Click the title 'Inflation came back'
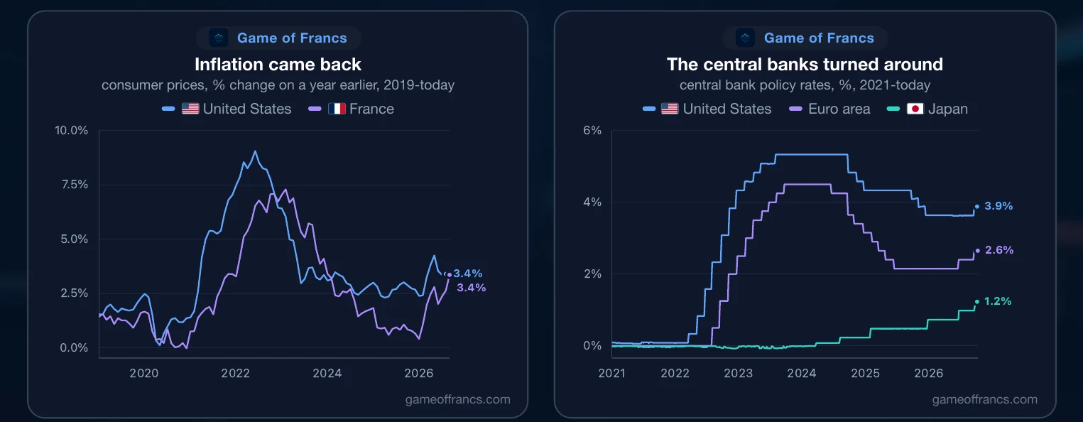click(x=278, y=65)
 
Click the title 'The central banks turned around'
click(x=805, y=65)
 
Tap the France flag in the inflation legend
click(x=337, y=109)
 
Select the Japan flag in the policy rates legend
click(x=915, y=109)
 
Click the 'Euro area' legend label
click(x=839, y=109)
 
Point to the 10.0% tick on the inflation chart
click(x=71, y=130)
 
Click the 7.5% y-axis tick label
click(x=75, y=185)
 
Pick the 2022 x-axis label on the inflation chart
click(x=236, y=373)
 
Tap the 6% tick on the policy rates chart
click(x=592, y=130)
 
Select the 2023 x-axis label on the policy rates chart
click(x=739, y=373)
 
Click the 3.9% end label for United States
click(x=998, y=206)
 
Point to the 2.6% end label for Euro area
click(x=999, y=249)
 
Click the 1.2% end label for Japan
click(x=998, y=301)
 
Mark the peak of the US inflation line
click(x=255, y=151)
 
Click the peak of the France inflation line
click(x=285, y=190)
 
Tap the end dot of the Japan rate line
click(x=977, y=301)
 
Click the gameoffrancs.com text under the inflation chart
click(x=457, y=399)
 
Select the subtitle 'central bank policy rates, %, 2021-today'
click(x=805, y=85)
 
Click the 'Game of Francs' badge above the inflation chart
click(x=278, y=38)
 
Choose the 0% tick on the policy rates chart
click(x=592, y=345)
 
